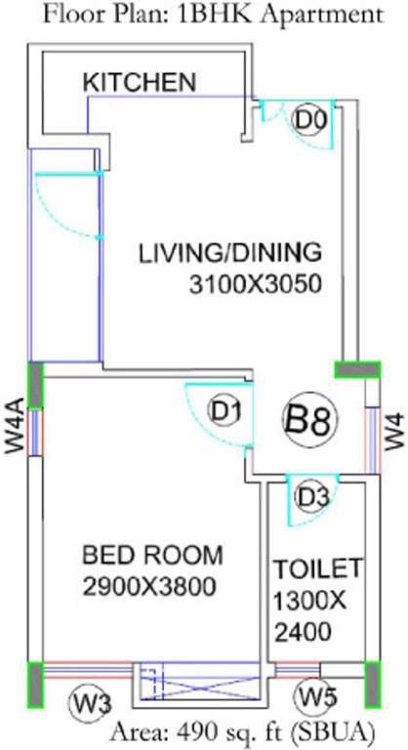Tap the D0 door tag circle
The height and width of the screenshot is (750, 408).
(x=309, y=120)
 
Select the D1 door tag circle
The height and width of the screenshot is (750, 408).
(x=226, y=412)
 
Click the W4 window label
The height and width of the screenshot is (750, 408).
(x=393, y=429)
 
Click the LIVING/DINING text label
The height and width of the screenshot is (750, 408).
(x=229, y=253)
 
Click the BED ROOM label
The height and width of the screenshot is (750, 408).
(x=152, y=556)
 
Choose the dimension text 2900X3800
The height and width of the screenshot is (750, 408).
(x=148, y=587)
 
